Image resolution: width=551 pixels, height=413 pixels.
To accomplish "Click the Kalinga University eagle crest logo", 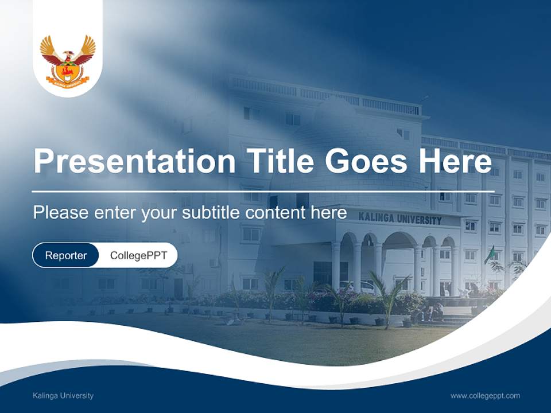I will [68, 61].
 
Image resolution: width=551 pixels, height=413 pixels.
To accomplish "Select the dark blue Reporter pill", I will [65, 255].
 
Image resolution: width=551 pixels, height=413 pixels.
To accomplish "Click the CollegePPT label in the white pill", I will [138, 255].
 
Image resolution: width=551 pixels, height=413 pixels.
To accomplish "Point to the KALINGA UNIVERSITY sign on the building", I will [400, 219].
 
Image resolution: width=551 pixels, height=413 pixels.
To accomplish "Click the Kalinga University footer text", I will [63, 396].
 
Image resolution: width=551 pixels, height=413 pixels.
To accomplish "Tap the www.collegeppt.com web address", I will [485, 396].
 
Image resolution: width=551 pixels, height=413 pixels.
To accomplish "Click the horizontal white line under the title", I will [263, 191].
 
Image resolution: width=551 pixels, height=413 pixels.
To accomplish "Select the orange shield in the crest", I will [68, 71].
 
